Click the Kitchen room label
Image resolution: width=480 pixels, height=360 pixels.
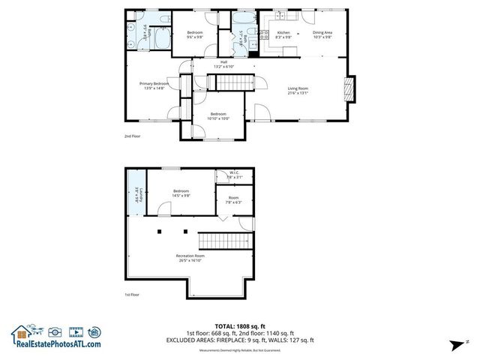pos(283,33)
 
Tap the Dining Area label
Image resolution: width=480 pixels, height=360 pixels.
pos(322,33)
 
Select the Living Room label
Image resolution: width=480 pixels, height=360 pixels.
pos(298,90)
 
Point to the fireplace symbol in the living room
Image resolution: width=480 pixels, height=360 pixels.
pos(346,88)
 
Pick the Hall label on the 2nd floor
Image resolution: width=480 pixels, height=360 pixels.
pos(223,63)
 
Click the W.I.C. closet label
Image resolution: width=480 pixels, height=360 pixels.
pos(235,174)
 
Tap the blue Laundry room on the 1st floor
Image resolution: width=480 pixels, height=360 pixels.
pos(137,192)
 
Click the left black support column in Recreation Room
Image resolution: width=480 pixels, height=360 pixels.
pos(160,232)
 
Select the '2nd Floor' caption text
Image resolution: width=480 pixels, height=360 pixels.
pos(132,136)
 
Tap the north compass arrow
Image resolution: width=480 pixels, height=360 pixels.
pos(457,343)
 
